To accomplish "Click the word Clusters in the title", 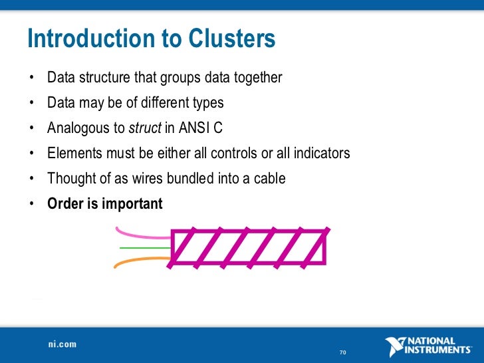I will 231,40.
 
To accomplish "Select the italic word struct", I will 145,128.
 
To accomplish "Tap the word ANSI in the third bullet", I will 190,128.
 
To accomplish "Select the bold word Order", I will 65,204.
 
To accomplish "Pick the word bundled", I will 194,179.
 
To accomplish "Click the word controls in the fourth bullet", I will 231,154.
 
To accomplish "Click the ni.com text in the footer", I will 62,345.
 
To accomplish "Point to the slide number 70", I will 343,352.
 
